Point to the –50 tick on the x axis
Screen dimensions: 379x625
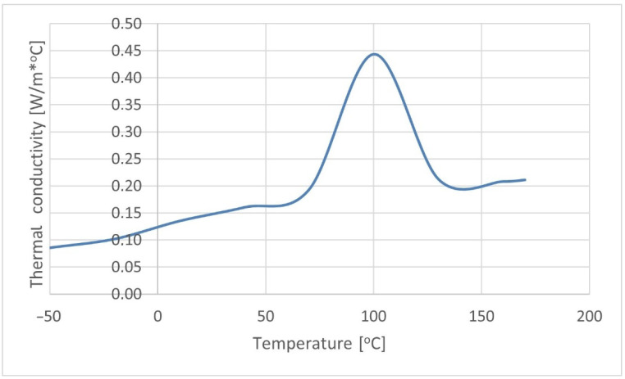click(x=50, y=317)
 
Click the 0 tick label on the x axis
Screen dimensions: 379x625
click(x=157, y=317)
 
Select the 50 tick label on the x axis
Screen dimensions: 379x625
click(x=265, y=317)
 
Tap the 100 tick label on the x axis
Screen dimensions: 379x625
click(x=373, y=317)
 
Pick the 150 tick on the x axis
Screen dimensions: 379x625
click(x=481, y=317)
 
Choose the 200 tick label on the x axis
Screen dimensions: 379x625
click(x=589, y=317)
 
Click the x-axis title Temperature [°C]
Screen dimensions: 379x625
click(x=319, y=344)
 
